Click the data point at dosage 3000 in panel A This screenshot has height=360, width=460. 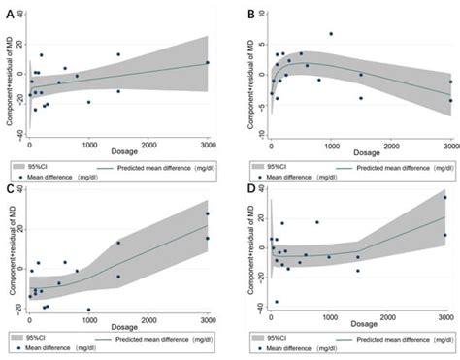207,63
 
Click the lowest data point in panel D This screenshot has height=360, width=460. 277,302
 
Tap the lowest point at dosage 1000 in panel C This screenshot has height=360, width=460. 89,310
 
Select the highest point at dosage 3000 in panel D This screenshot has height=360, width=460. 445,198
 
